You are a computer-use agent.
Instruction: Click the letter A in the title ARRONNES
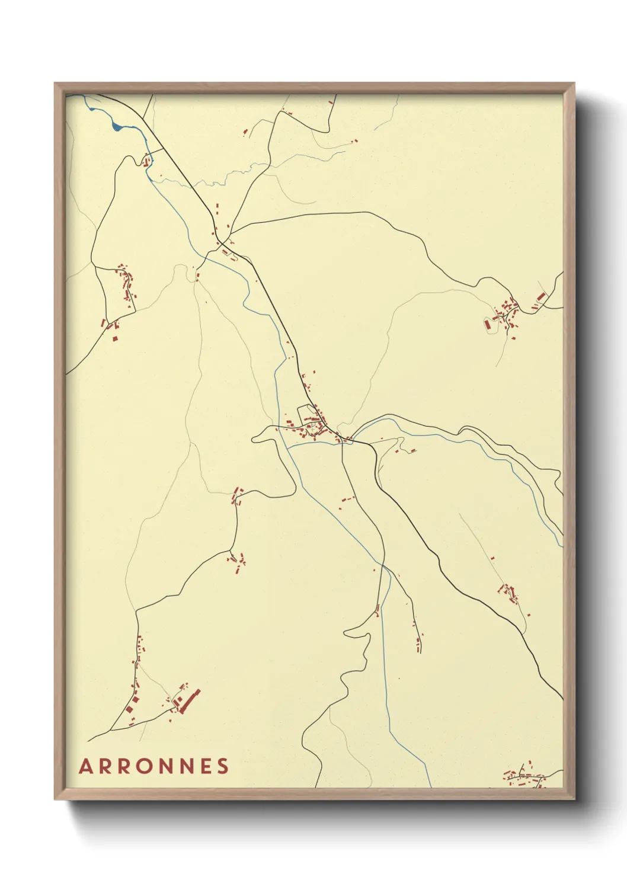pyautogui.click(x=86, y=766)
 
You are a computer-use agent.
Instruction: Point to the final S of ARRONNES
pyautogui.click(x=223, y=766)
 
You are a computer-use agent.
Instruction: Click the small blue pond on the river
pyautogui.click(x=117, y=126)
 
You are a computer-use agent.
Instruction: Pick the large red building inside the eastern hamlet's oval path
pyautogui.click(x=488, y=324)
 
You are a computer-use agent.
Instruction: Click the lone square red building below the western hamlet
pyautogui.click(x=116, y=338)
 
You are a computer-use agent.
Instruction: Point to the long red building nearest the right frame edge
pyautogui.click(x=540, y=296)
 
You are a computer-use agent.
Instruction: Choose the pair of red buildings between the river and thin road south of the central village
pyautogui.click(x=346, y=500)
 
